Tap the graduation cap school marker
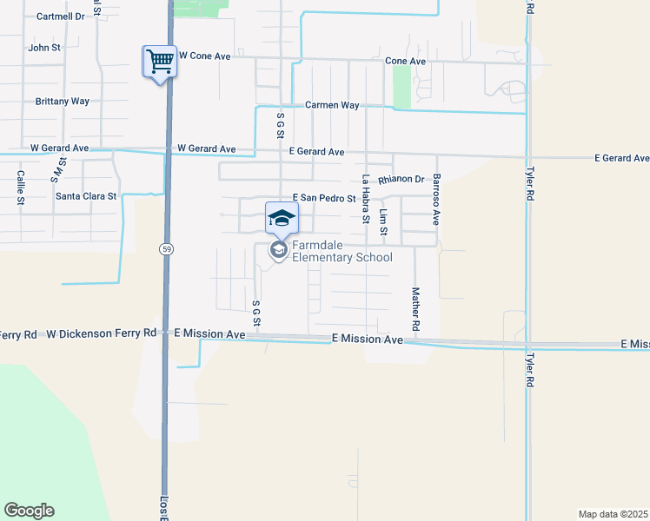click(x=281, y=218)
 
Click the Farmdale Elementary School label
click(x=342, y=251)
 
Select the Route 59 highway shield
click(x=164, y=249)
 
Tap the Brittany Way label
click(x=63, y=102)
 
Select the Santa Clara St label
click(x=86, y=196)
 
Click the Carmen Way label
click(x=332, y=105)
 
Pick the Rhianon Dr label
click(x=401, y=180)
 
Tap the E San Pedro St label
click(x=325, y=199)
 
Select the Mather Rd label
click(x=415, y=308)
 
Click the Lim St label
click(x=383, y=223)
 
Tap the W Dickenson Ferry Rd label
click(x=102, y=333)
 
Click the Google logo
click(x=29, y=511)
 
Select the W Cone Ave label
click(x=204, y=56)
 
